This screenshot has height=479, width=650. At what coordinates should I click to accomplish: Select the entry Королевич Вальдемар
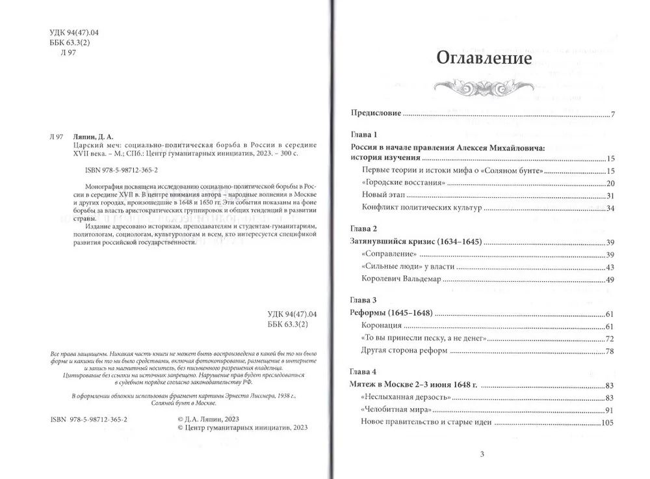pos(401,279)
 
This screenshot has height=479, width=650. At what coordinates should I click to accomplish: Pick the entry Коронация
pos(381,325)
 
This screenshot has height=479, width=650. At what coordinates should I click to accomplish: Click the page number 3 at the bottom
pos(481,454)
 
